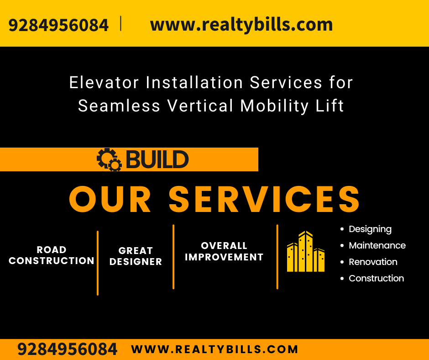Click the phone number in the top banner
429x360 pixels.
point(58,25)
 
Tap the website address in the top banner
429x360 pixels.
point(241,25)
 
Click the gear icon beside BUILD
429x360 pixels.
point(109,160)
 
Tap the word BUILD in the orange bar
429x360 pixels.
point(157,160)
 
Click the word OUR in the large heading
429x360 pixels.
point(110,199)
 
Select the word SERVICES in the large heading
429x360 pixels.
point(264,199)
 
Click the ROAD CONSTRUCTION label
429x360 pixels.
point(52,255)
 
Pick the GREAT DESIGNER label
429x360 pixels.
point(136,256)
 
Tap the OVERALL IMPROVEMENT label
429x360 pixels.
point(224,252)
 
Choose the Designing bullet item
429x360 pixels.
point(370,229)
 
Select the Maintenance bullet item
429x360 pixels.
point(377,246)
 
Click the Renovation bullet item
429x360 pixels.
point(373,262)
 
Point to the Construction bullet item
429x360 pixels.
point(376,279)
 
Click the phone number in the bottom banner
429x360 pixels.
point(68,349)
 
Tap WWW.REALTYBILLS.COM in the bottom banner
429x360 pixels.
point(214,349)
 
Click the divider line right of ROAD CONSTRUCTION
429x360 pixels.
point(98,263)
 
